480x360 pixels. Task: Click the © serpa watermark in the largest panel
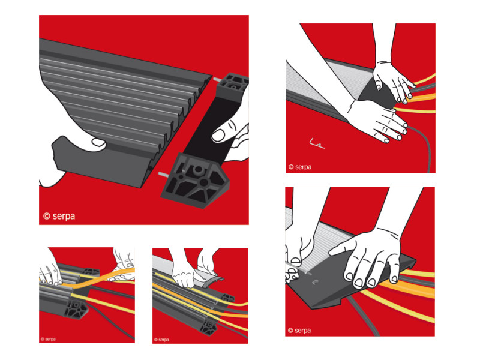[59, 216]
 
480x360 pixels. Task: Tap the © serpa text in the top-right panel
[300, 167]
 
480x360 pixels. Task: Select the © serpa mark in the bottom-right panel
[299, 331]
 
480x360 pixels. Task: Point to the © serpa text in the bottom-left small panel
[48, 339]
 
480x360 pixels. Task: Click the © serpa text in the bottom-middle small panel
[161, 340]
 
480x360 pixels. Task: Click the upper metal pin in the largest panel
[217, 80]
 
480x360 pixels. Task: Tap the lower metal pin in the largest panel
[163, 175]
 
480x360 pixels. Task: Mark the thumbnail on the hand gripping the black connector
[218, 136]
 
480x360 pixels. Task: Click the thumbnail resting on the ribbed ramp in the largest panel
[99, 142]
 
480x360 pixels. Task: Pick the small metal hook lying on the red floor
[316, 143]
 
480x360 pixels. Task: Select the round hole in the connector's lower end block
[199, 169]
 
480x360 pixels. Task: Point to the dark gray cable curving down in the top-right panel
[425, 144]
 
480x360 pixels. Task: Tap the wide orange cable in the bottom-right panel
[407, 288]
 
